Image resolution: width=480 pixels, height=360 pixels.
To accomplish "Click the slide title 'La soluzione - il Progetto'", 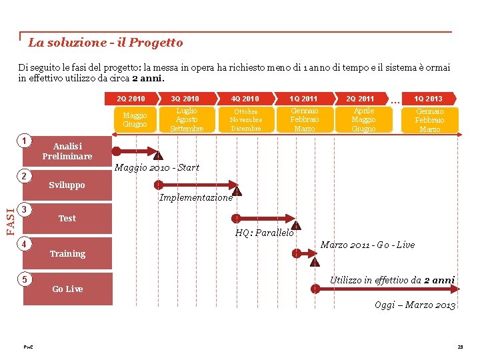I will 105,43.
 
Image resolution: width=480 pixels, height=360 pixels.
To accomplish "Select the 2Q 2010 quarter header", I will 131,99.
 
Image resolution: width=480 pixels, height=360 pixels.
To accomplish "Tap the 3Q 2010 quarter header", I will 185,99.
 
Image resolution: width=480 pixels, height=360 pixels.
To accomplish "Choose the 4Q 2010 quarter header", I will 245,99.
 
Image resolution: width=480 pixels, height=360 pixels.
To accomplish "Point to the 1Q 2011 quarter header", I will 303,99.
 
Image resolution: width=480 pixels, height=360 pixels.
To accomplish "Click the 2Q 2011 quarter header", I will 361,99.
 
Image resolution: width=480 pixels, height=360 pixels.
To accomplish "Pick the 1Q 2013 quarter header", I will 428,99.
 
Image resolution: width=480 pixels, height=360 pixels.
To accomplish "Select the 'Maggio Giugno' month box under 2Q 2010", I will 135,120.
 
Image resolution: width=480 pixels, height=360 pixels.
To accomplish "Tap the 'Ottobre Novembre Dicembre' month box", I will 246,120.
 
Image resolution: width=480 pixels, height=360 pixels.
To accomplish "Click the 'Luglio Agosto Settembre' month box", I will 187,120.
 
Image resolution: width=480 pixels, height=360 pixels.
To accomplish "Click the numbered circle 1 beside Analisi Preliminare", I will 24,141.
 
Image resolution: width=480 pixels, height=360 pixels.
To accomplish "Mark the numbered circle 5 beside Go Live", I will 24,279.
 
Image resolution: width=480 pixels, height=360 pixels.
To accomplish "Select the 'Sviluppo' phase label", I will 67,185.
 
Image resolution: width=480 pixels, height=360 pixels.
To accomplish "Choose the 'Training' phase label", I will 67,254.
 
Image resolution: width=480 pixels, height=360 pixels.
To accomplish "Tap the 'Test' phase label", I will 67,219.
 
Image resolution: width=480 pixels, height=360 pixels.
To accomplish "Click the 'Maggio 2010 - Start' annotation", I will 157,167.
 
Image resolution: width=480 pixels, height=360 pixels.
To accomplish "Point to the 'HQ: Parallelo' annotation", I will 264,233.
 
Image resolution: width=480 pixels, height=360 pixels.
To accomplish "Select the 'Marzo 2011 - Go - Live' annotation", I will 367,245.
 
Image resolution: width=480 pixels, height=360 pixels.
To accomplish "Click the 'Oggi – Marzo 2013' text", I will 415,305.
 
